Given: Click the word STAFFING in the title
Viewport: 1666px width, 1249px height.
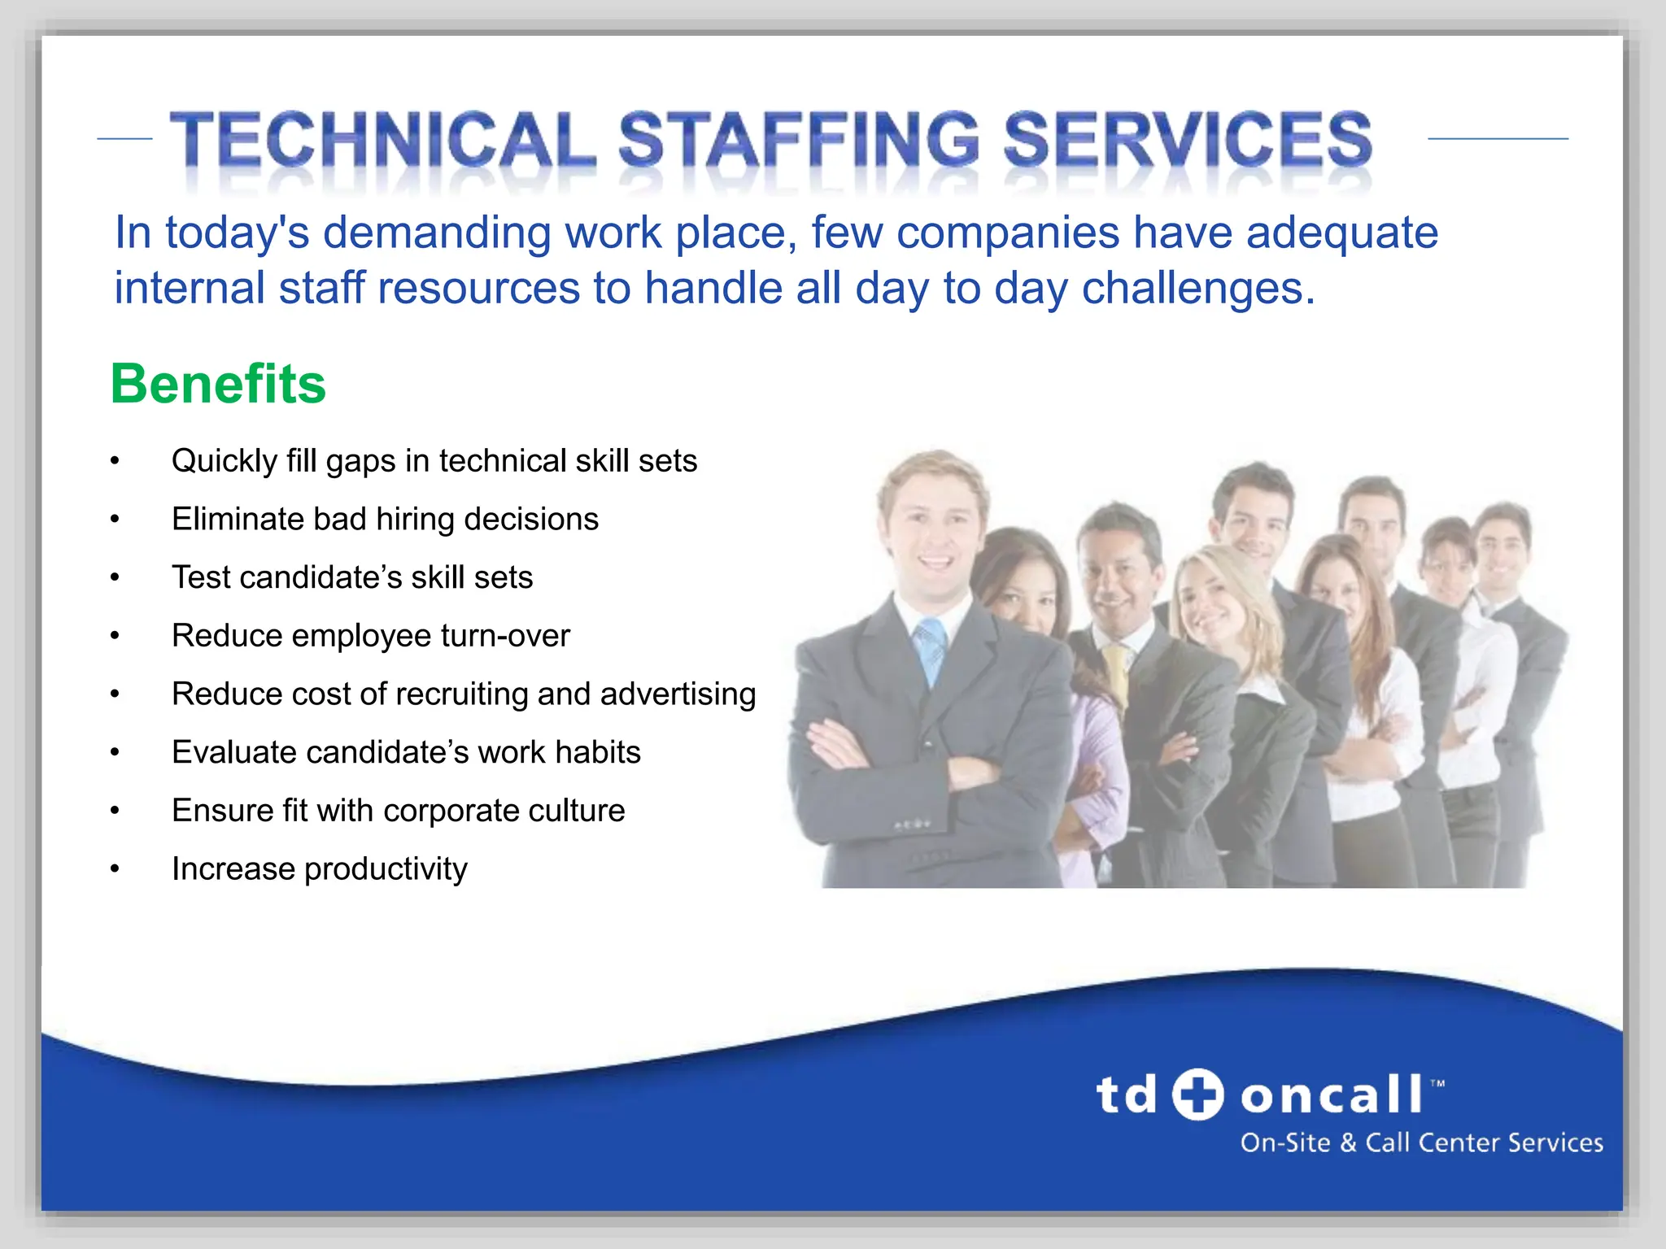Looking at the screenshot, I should tap(799, 140).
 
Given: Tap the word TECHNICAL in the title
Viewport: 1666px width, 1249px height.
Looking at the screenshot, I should tap(382, 140).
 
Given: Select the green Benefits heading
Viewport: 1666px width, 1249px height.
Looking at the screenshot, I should tap(218, 384).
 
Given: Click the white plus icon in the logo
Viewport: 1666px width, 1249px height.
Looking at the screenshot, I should tap(1197, 1094).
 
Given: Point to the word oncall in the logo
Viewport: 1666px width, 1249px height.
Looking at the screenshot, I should tap(1332, 1095).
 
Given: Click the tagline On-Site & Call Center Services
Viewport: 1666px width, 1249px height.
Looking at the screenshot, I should tap(1421, 1142).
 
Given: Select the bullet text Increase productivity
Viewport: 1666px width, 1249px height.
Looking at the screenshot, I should tap(320, 869).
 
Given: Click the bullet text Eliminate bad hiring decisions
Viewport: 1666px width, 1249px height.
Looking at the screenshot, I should tap(385, 520).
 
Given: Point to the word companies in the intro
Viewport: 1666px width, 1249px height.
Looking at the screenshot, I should tap(1008, 233).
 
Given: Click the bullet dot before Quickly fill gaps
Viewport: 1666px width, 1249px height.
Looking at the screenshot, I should tap(116, 462).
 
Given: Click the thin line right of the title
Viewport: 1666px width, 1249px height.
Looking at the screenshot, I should tap(1498, 139).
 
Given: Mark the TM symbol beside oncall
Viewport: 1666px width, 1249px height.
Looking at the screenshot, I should tap(1437, 1083).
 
